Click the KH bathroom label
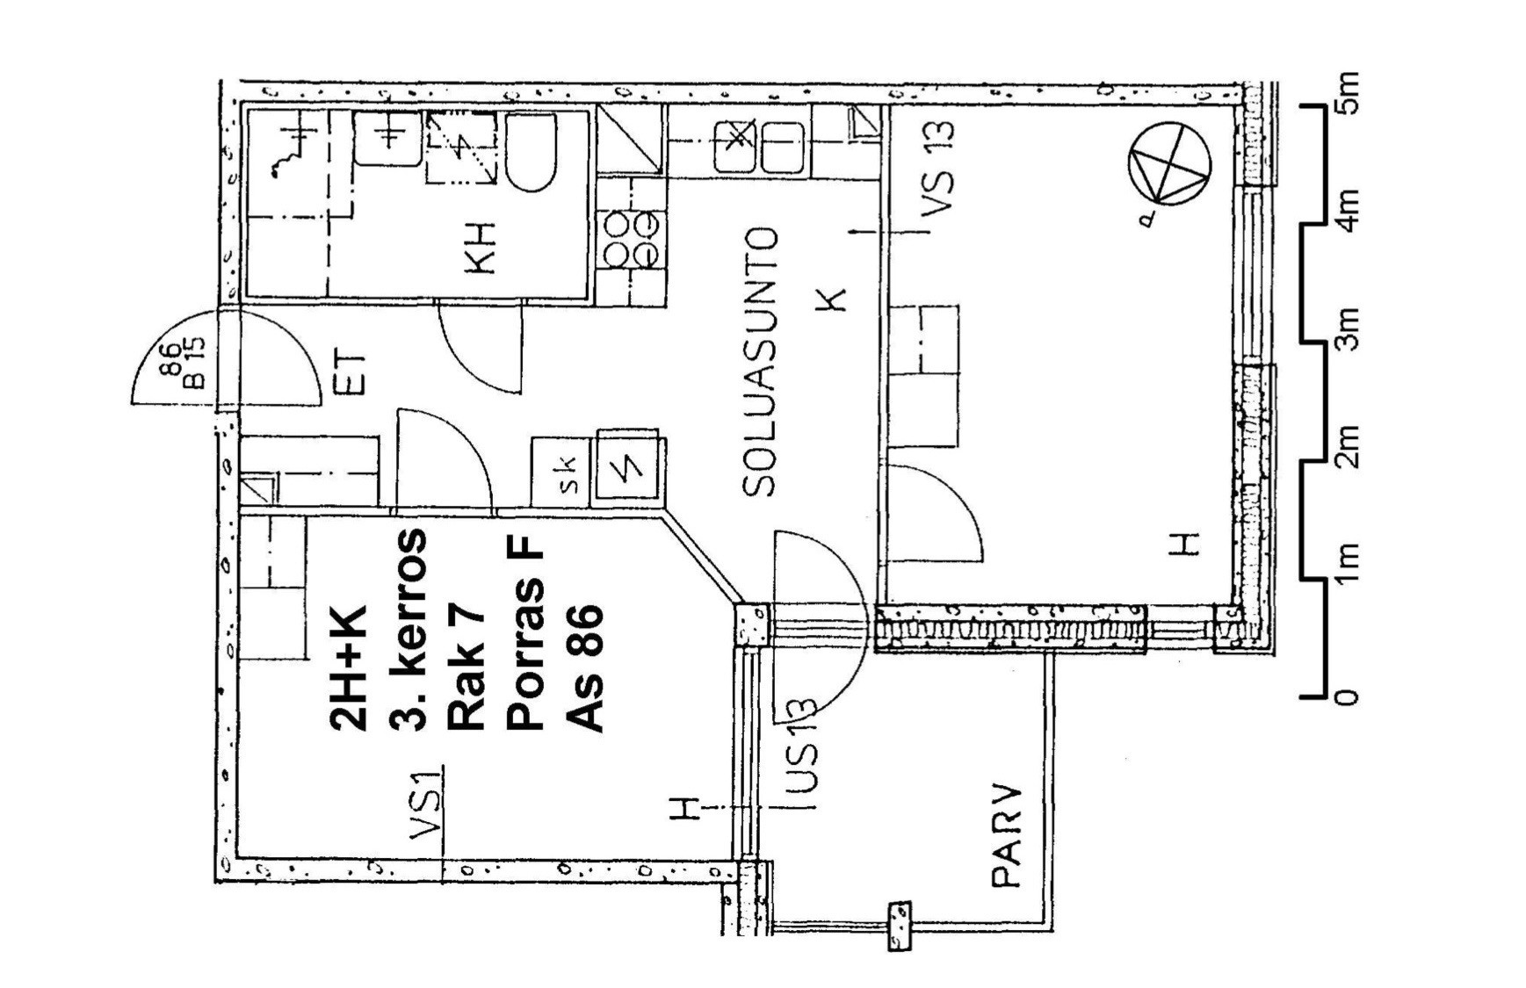[482, 249]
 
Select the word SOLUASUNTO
[761, 362]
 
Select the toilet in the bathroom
[531, 153]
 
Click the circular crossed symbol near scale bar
[1169, 164]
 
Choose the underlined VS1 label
[425, 804]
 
